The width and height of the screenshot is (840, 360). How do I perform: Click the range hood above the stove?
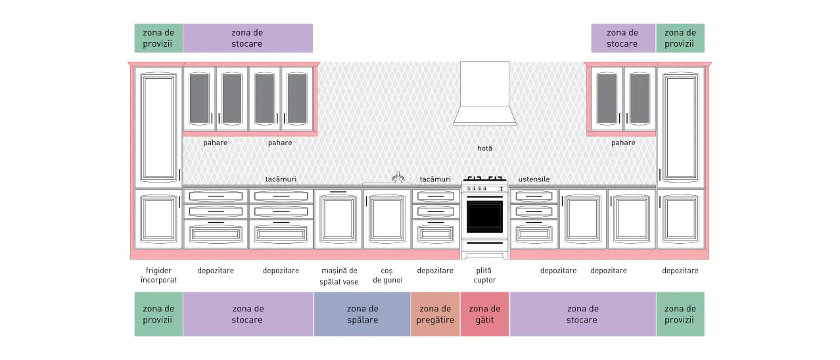click(484, 94)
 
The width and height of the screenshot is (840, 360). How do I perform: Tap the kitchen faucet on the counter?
click(398, 177)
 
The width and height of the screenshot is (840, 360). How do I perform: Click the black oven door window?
click(484, 217)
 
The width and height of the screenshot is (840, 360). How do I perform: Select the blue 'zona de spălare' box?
click(362, 314)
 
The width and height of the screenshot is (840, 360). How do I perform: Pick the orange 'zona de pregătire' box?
click(435, 314)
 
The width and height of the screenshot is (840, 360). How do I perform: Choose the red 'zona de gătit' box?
click(484, 314)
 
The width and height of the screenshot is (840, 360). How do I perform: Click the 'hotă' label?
click(484, 148)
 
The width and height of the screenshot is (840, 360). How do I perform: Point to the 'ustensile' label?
click(534, 179)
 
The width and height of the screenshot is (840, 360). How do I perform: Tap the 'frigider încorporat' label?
click(158, 275)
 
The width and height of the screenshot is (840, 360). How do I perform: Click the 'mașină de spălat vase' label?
click(339, 276)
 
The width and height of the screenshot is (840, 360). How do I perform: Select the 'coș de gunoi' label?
click(387, 275)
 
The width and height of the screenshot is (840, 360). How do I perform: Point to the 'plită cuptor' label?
click(484, 275)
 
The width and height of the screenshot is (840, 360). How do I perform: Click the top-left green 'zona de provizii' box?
click(158, 38)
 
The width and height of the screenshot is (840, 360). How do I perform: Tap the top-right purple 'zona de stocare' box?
click(623, 38)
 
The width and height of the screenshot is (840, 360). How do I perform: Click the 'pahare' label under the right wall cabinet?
click(623, 143)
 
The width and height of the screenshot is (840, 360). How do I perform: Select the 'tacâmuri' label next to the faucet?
click(435, 179)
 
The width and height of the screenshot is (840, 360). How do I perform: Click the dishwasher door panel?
click(338, 219)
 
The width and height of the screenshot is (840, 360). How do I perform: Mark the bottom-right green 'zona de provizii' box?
click(680, 314)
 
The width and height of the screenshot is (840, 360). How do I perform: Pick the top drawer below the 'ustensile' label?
click(534, 196)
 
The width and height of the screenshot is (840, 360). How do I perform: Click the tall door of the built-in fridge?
click(158, 127)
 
